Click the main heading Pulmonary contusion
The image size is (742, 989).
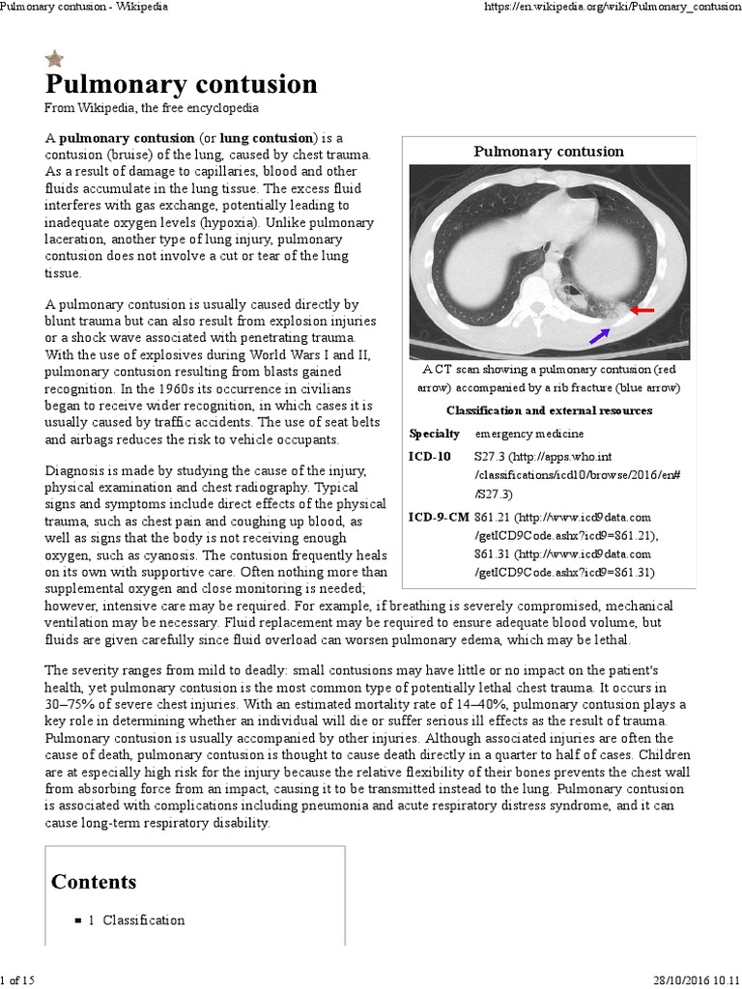182,84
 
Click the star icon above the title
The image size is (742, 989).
55,59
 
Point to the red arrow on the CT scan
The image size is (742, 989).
642,310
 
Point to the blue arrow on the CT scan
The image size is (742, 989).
599,335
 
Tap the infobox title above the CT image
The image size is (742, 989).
548,152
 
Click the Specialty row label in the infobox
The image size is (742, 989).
434,434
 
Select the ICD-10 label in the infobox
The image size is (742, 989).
429,456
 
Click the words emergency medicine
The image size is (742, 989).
528,434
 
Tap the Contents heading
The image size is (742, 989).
94,882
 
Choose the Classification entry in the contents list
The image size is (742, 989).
143,920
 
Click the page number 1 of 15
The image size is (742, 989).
18,980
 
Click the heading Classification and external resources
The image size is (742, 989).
549,410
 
